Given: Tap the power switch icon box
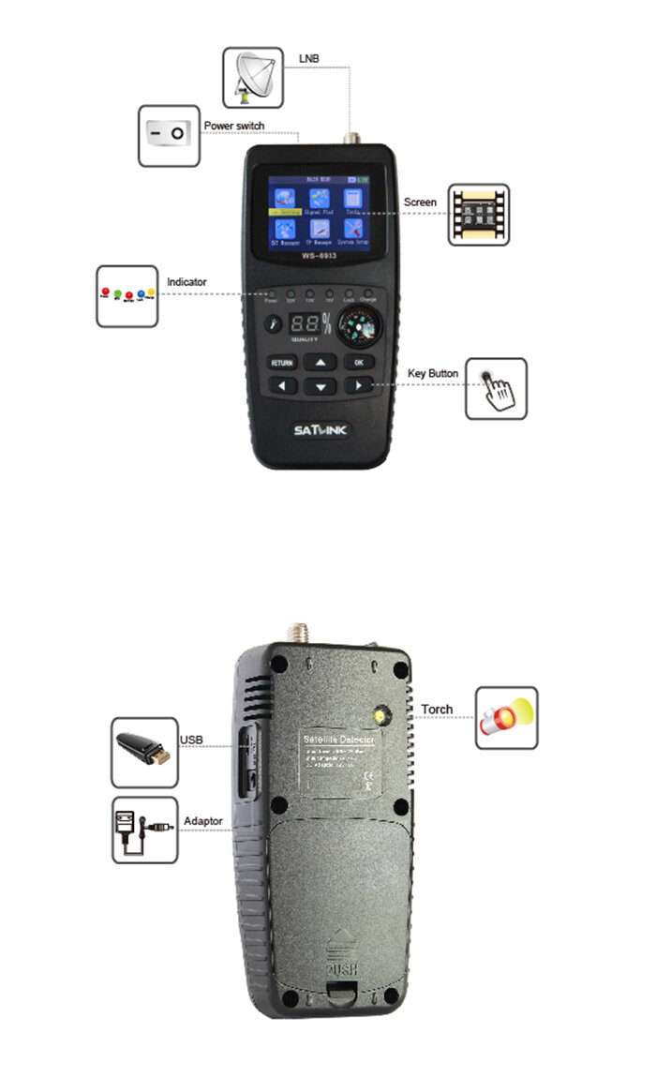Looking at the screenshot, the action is coord(169,135).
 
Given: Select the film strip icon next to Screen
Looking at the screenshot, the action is coord(478,215).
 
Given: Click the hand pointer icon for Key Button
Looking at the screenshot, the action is coord(497,388).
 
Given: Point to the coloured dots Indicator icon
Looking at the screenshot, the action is coord(127,295).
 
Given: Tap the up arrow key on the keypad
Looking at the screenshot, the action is coord(321,362).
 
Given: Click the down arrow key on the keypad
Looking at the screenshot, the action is coord(321,386).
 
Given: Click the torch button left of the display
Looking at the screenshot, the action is coord(274,324).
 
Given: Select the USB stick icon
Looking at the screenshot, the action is coord(143,752).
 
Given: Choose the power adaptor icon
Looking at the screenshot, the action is coord(143,830).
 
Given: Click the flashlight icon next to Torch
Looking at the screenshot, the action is coord(506,717).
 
